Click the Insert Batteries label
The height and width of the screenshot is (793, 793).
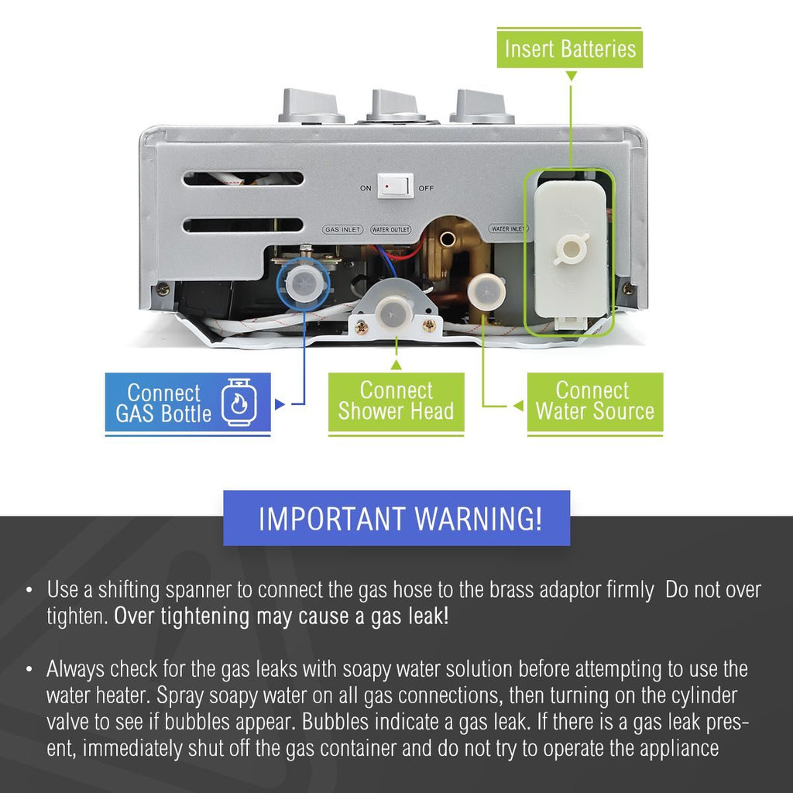click(x=570, y=49)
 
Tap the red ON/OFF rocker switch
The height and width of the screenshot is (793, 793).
click(x=395, y=187)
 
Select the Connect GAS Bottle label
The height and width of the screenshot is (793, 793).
click(x=163, y=403)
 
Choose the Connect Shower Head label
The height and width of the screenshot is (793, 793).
click(x=396, y=401)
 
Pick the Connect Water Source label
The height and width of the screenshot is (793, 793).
click(x=595, y=401)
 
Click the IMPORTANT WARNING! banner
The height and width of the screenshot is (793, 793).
click(x=396, y=518)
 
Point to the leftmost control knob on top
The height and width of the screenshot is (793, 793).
click(x=311, y=107)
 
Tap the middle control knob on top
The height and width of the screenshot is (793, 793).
click(x=396, y=105)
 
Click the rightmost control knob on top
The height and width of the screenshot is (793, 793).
click(x=482, y=106)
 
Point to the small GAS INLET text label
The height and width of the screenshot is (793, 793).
click(x=342, y=230)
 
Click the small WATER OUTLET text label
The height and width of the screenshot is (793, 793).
click(x=390, y=230)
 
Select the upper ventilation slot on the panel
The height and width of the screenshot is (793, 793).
click(x=243, y=179)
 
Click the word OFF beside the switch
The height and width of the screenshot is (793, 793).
click(x=426, y=188)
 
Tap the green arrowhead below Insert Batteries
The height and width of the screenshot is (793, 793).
click(x=571, y=76)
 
